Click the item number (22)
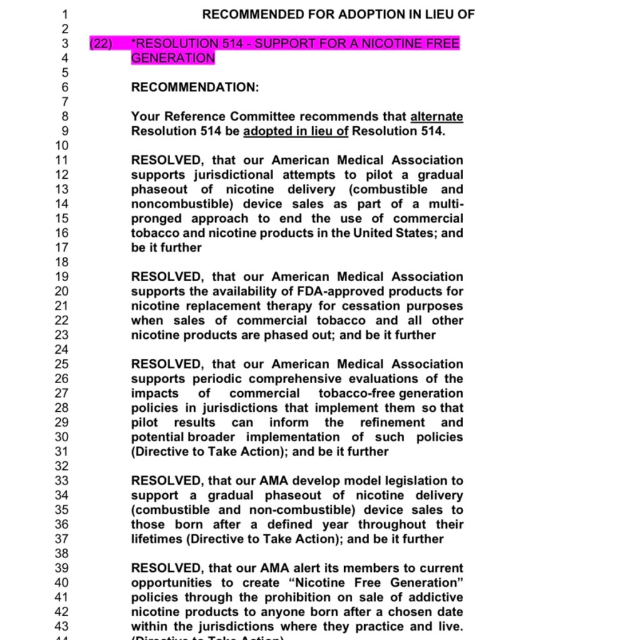coord(101,44)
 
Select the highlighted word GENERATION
coord(173,58)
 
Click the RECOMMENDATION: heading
coord(195,87)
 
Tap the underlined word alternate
coord(437,117)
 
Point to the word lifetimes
coord(156,539)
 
